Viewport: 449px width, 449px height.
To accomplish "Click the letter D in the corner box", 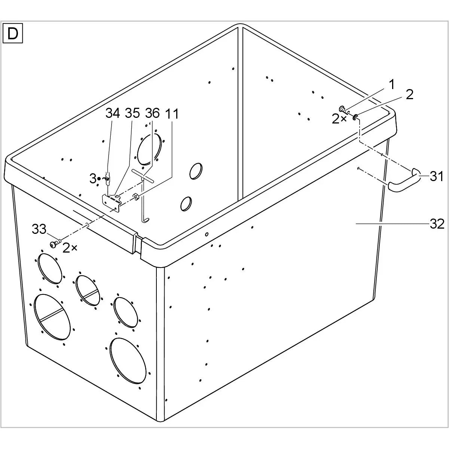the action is coord(13,34).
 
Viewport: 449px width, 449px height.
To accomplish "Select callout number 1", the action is coord(392,84).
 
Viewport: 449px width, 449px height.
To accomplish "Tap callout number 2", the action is coord(409,94).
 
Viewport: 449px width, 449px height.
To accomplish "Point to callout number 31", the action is coord(436,176).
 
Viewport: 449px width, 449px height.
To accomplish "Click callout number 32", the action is coord(437,224).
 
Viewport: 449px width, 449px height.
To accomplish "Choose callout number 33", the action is coord(39,229).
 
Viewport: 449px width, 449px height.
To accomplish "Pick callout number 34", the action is coord(113,113).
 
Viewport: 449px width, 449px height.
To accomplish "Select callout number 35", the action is coord(132,113).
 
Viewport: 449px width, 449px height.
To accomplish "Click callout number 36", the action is coord(152,113).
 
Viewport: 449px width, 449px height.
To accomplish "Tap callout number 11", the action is coord(172,114).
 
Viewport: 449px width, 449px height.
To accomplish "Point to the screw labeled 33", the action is coord(55,244).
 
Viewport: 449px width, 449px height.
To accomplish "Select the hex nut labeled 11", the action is coord(135,197).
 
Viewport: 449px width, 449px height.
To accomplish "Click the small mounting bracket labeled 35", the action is coord(112,203).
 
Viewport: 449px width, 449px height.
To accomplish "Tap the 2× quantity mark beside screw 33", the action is coord(70,248).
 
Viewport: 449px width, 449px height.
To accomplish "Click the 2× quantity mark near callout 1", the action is coord(339,120).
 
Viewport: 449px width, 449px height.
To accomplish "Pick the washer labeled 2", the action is coord(355,117).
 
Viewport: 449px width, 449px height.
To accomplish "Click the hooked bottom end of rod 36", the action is coord(146,220).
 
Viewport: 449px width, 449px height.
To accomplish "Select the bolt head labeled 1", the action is coord(342,109).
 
